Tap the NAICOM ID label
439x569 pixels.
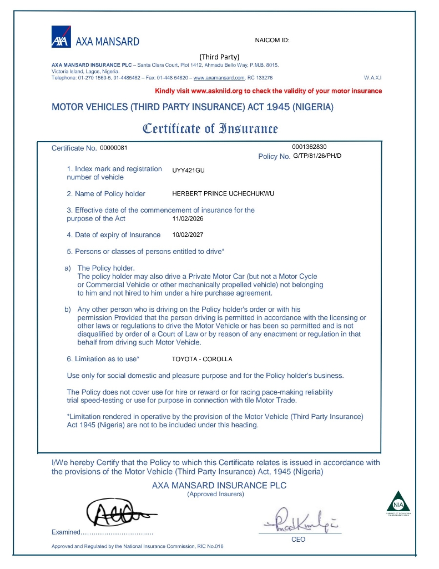point(273,41)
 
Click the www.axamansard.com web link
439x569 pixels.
point(219,78)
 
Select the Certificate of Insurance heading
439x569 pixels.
point(210,129)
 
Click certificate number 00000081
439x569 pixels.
point(114,147)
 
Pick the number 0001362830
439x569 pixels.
point(309,147)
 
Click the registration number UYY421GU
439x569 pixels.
point(189,170)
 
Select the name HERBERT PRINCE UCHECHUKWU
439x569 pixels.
point(224,193)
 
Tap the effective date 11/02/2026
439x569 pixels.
point(188,218)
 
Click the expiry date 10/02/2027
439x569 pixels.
point(188,234)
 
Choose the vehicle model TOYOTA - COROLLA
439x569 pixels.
point(202,359)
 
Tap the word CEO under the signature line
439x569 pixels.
point(298,540)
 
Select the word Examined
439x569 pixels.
point(66,532)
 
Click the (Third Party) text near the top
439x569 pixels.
point(219,57)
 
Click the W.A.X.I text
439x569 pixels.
point(372,78)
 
